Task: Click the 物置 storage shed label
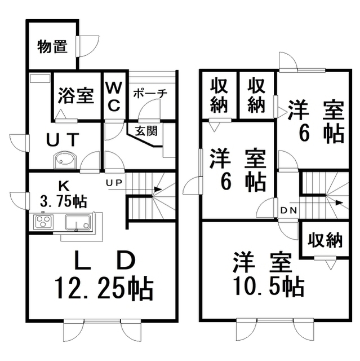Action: click(52, 47)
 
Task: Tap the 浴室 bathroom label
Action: click(76, 95)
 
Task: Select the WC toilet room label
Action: click(114, 96)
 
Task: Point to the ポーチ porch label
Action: click(150, 94)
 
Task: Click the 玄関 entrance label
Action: click(146, 131)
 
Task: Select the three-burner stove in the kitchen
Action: click(43, 222)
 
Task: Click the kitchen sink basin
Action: click(78, 222)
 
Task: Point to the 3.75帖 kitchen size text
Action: click(63, 201)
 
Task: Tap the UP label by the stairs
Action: click(114, 183)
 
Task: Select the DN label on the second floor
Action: click(289, 210)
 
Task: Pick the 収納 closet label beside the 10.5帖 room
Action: click(325, 240)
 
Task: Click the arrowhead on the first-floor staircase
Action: click(158, 190)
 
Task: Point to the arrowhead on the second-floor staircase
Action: click(339, 203)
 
